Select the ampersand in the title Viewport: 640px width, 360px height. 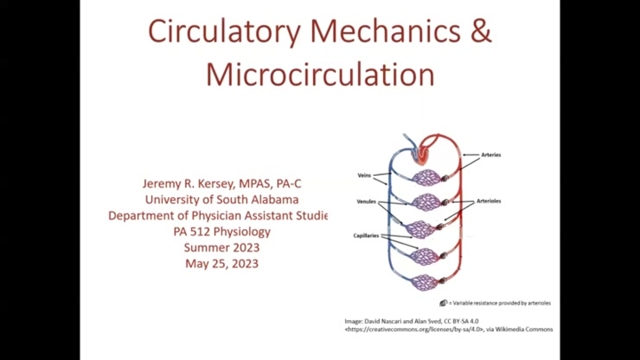(480, 32)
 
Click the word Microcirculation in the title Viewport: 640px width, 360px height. (320, 74)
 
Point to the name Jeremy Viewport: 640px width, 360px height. (164, 183)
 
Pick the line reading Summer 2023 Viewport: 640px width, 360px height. (221, 248)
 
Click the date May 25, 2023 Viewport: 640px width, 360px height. (221, 264)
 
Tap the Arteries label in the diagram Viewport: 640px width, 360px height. (491, 156)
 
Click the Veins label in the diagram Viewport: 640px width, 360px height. (364, 175)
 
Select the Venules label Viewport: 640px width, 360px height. (366, 202)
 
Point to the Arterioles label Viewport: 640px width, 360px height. (489, 202)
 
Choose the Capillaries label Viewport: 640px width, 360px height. (366, 236)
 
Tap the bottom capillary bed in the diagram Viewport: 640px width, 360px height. (426, 282)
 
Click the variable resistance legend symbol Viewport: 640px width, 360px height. (443, 303)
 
